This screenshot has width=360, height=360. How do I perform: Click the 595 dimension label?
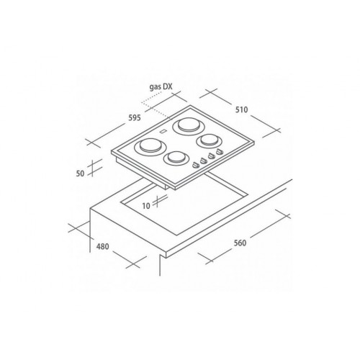135,118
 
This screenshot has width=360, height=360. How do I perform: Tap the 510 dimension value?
241,109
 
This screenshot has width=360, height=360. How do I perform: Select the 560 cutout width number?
240,243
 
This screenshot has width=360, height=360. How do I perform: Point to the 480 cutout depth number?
102,246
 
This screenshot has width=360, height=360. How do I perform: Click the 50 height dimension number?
80,174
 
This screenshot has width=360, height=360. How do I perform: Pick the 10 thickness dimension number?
146,206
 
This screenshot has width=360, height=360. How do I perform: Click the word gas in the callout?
155,87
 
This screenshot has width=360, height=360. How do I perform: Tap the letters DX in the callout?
168,86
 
